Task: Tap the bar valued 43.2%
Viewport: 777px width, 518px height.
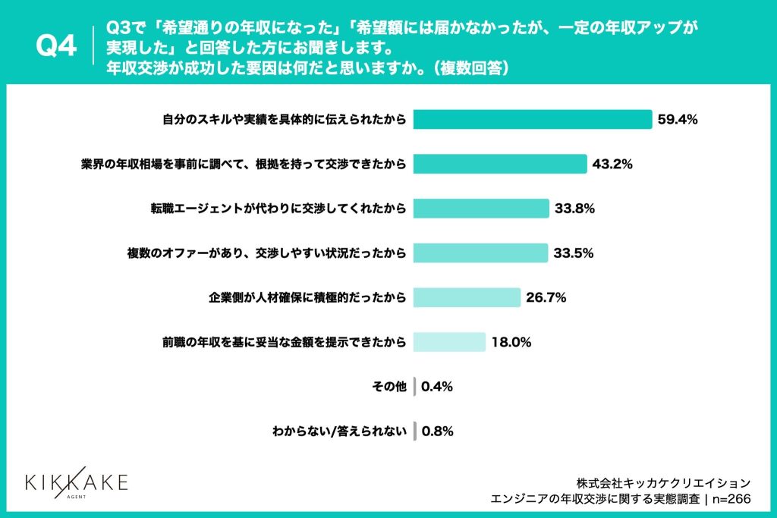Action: (x=500, y=164)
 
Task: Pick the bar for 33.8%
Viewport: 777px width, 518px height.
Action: (x=481, y=208)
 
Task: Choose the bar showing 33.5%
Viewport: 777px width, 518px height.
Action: (x=480, y=253)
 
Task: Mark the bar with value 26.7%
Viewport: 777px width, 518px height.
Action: (x=467, y=297)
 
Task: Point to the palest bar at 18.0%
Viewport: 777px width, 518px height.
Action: (x=449, y=342)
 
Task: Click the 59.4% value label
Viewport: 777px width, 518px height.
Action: (x=678, y=120)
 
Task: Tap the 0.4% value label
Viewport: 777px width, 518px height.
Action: (x=437, y=387)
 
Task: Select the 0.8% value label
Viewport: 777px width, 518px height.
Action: (x=438, y=432)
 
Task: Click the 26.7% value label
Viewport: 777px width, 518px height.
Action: (x=546, y=297)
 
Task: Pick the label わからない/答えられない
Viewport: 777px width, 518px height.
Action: (x=339, y=432)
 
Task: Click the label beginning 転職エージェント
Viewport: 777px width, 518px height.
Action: (x=278, y=208)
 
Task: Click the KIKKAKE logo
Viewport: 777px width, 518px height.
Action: (x=76, y=483)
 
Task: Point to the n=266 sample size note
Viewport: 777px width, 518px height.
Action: (x=731, y=498)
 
